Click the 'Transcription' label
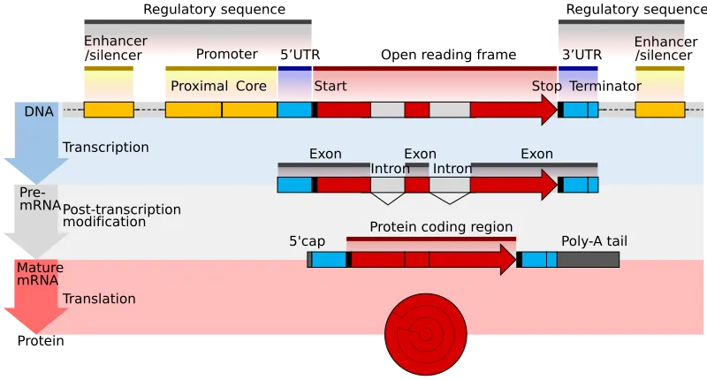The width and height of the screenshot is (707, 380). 105,147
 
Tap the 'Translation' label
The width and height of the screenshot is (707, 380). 99,299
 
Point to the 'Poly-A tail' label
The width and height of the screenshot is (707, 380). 594,240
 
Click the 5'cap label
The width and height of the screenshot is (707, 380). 307,240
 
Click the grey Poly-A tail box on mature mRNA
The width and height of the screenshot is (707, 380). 588,260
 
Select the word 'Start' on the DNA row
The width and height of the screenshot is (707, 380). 331,87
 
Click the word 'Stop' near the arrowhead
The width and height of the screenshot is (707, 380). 546,87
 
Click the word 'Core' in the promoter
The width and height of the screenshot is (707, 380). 251,87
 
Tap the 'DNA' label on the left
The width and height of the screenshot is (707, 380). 39,111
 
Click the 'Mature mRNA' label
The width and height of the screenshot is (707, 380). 36,273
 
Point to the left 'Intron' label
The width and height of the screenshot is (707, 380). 390,169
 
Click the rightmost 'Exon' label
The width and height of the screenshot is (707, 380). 536,154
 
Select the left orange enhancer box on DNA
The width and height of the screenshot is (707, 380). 108,110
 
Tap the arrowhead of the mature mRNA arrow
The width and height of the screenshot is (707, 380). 507,260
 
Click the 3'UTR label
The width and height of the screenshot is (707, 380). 581,55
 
